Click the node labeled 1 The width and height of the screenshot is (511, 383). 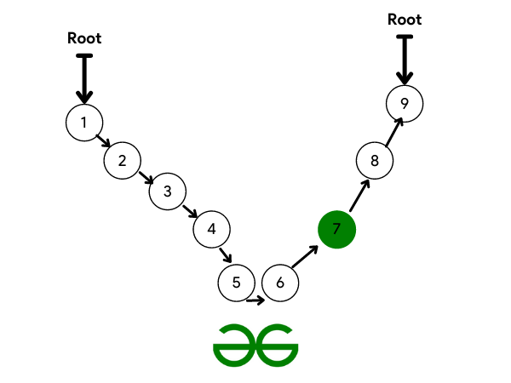click(84, 123)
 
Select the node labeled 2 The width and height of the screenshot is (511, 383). click(122, 161)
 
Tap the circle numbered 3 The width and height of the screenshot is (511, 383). click(168, 191)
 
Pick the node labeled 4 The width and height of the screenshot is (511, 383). click(211, 229)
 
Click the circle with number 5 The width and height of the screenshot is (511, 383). click(236, 283)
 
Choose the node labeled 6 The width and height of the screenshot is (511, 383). click(280, 283)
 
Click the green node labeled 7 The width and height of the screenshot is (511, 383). click(336, 229)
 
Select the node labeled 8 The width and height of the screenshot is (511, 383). click(375, 161)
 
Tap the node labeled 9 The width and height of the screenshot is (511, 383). click(405, 104)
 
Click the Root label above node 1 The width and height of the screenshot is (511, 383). click(84, 38)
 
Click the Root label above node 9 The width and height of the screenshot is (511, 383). click(405, 20)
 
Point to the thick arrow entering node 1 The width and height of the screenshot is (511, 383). click(84, 79)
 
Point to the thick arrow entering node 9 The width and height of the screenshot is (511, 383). click(405, 60)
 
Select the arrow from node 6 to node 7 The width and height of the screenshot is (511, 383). click(305, 257)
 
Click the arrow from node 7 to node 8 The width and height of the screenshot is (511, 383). click(359, 196)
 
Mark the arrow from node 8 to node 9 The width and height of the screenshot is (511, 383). click(394, 132)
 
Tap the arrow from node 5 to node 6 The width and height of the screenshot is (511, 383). click(255, 300)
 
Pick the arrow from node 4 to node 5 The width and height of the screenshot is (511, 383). click(226, 255)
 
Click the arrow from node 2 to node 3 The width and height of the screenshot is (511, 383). click(146, 178)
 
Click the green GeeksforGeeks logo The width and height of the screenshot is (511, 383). click(255, 346)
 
